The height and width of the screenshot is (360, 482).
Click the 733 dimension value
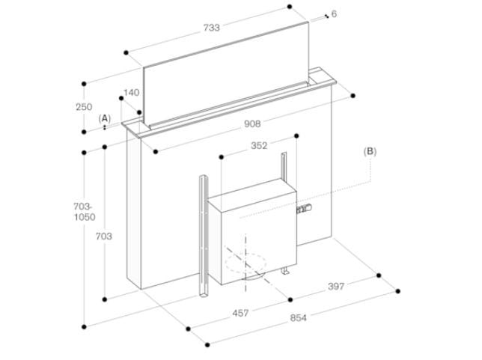pyautogui.click(x=212, y=28)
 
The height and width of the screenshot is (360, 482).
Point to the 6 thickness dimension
pyautogui.click(x=333, y=14)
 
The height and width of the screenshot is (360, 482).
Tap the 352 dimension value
pyautogui.click(x=259, y=147)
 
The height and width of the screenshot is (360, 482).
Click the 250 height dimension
pyautogui.click(x=85, y=107)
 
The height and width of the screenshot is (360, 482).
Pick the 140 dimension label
pyautogui.click(x=131, y=93)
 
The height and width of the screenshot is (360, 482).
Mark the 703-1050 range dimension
pyautogui.click(x=84, y=213)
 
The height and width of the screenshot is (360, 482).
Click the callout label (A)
pyautogui.click(x=106, y=118)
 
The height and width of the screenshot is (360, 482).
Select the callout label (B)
pyautogui.click(x=370, y=151)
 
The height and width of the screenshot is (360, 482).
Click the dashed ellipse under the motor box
pyautogui.click(x=245, y=264)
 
